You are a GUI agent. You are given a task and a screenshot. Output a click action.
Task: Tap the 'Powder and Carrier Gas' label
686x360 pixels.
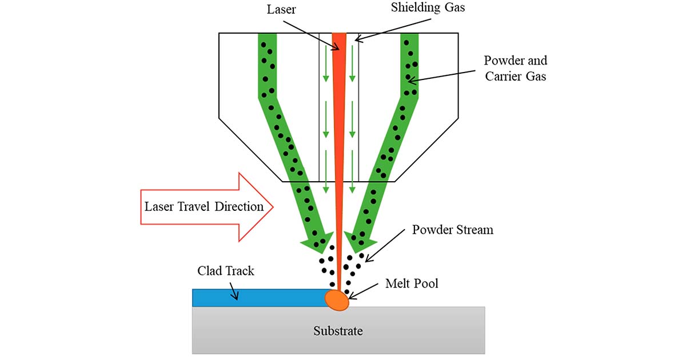(x=515, y=68)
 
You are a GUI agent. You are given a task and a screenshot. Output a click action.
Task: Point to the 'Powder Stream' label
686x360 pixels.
(x=452, y=230)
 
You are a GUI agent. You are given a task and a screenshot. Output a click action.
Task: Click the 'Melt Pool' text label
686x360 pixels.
(x=412, y=283)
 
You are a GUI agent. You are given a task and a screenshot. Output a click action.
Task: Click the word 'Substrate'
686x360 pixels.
(x=338, y=331)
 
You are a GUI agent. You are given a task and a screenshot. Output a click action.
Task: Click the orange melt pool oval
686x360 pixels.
(x=337, y=299)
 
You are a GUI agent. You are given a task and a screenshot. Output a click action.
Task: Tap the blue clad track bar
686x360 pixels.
(x=257, y=298)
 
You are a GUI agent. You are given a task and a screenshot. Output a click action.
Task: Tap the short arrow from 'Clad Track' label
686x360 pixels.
(x=232, y=289)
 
